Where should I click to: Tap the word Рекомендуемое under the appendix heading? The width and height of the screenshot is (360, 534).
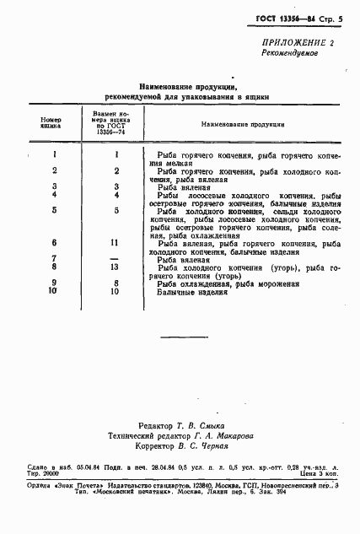click(x=288, y=51)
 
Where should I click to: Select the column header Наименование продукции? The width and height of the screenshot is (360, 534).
click(x=243, y=124)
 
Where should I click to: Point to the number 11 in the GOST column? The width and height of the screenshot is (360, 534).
click(x=116, y=241)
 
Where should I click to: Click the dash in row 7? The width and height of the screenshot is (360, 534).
click(x=116, y=257)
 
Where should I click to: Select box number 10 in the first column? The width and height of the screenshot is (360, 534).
click(x=53, y=291)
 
